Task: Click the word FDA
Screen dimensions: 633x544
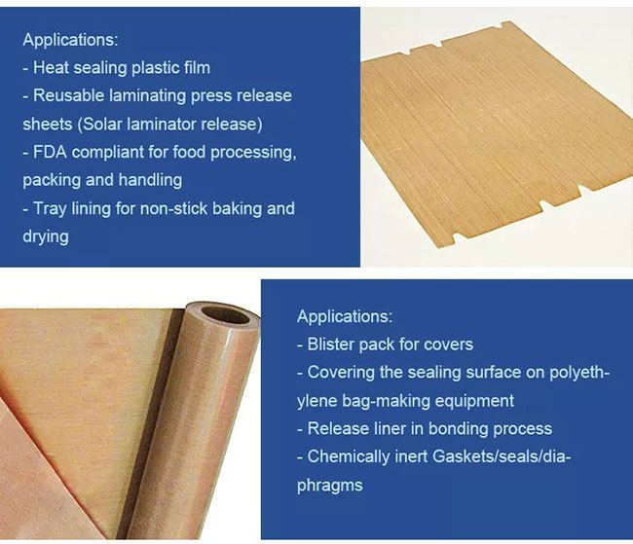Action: tap(50, 152)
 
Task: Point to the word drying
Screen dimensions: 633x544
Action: tap(46, 236)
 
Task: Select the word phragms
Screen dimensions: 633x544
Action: tap(330, 486)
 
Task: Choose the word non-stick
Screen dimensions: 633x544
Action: tap(173, 209)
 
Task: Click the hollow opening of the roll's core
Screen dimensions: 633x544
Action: tap(225, 315)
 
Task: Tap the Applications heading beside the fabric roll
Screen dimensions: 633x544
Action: tap(345, 317)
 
